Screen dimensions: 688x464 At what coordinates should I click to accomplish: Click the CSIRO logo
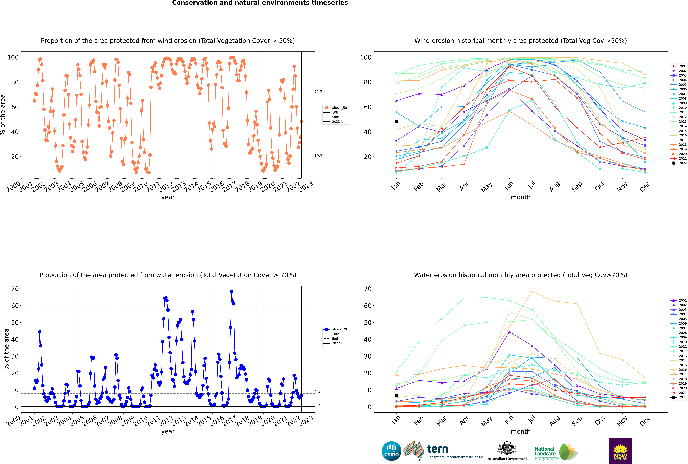[391, 451]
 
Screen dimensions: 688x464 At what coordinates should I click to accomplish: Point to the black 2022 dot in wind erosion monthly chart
[396, 122]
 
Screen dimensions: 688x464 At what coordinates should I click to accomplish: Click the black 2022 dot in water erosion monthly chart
[396, 395]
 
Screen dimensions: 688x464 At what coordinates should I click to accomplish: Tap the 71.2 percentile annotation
[318, 92]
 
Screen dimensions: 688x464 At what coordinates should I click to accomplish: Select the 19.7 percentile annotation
[318, 156]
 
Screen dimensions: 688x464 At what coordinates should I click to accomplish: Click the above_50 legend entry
[335, 108]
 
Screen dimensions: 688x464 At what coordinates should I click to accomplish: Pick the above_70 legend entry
[335, 329]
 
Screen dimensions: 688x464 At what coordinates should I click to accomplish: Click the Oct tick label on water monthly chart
[600, 420]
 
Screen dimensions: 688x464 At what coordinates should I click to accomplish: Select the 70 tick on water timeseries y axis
[15, 289]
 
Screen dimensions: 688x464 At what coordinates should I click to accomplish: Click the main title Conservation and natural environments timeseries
[260, 3]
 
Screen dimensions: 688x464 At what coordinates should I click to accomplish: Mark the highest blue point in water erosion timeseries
[232, 292]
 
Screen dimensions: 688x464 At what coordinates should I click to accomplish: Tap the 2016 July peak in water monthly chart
[532, 292]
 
